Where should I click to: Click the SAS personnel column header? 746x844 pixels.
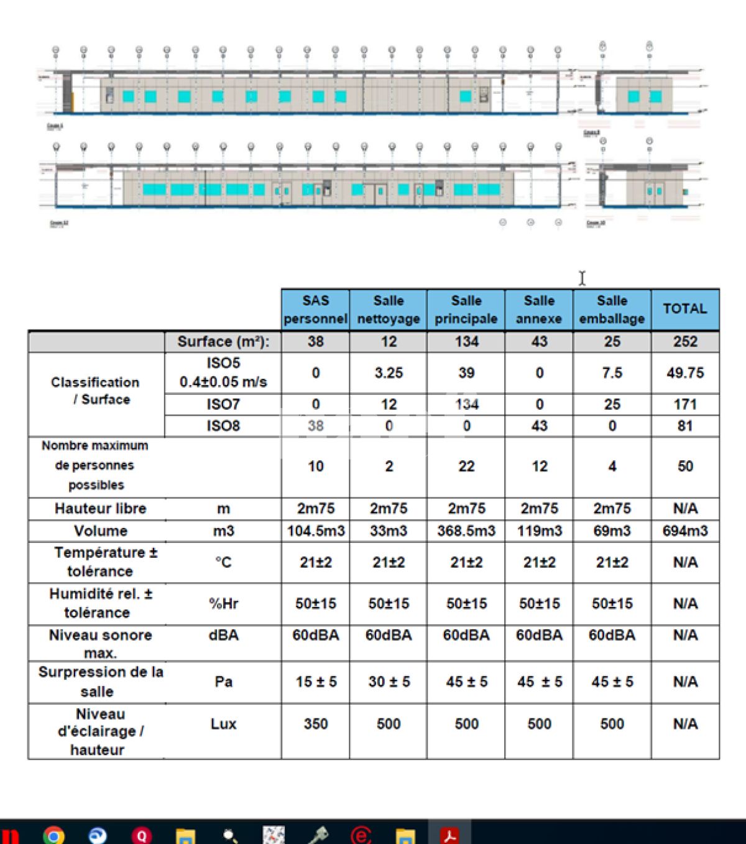[315, 309]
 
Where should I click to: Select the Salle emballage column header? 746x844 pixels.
[612, 309]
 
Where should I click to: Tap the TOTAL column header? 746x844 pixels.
[684, 308]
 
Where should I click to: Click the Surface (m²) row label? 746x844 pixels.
[223, 341]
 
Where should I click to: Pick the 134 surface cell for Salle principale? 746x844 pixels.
[466, 341]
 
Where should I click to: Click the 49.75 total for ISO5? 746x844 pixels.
[684, 373]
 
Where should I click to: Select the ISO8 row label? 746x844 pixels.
[223, 425]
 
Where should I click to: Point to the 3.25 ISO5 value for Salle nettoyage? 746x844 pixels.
[389, 373]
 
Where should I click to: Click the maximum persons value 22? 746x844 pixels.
[466, 466]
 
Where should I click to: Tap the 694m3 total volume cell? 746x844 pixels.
[684, 531]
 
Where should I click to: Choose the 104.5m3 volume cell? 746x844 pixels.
[315, 531]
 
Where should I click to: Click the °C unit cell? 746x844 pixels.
[223, 562]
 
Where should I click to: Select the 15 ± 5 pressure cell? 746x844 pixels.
[315, 682]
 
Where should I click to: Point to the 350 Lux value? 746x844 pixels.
[315, 724]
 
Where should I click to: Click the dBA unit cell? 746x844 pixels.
[223, 635]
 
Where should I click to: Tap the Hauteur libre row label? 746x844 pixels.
[100, 508]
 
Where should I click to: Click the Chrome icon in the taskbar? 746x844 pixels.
[54, 835]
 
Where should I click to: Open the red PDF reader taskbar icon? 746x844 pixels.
[450, 835]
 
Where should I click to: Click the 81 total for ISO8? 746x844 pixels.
[684, 425]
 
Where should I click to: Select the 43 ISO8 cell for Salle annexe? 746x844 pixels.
[539, 425]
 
